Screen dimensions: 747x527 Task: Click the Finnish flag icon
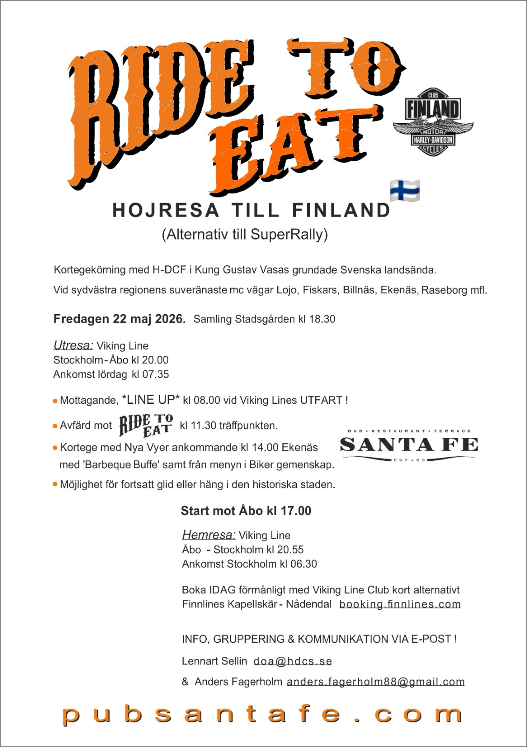pyautogui.click(x=405, y=190)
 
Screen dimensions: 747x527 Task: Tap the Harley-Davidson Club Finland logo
pyautogui.click(x=433, y=121)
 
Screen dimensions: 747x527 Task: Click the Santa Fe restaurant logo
pyautogui.click(x=409, y=445)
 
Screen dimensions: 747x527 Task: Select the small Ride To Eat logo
pyautogui.click(x=146, y=425)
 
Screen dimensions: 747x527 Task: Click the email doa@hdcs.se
pyautogui.click(x=293, y=661)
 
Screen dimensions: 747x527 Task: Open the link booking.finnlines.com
pyautogui.click(x=400, y=604)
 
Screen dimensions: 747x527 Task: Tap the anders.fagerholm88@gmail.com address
pyautogui.click(x=375, y=682)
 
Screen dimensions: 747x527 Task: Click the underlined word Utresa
pyautogui.click(x=73, y=345)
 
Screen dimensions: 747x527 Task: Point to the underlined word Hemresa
pyautogui.click(x=209, y=535)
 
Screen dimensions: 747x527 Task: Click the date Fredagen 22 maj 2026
pyautogui.click(x=119, y=319)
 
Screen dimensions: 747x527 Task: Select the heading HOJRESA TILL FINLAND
pyautogui.click(x=252, y=211)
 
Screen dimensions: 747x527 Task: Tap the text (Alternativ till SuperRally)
pyautogui.click(x=245, y=234)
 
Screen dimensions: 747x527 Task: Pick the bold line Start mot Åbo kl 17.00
pyautogui.click(x=246, y=511)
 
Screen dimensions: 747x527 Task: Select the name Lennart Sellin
pyautogui.click(x=214, y=661)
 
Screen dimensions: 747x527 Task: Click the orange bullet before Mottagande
pyautogui.click(x=55, y=401)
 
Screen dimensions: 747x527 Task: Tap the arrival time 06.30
pyautogui.click(x=303, y=564)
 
